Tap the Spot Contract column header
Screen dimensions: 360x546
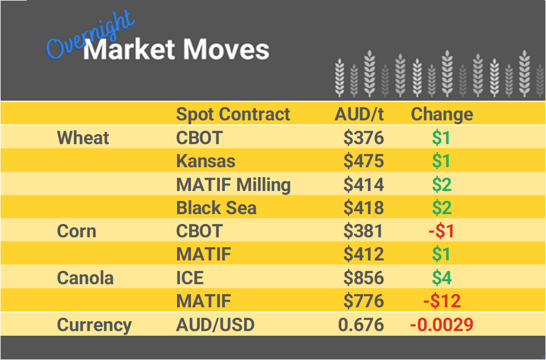click(233, 114)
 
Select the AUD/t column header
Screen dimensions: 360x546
click(359, 114)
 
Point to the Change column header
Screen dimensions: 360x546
click(442, 114)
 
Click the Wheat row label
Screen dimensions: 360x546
click(83, 138)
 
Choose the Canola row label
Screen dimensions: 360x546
click(85, 278)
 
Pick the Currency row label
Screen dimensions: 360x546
click(94, 325)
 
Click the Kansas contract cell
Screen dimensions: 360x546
click(206, 161)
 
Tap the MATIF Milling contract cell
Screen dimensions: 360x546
click(233, 185)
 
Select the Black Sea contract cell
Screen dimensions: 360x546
click(216, 208)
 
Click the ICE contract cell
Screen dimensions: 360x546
click(190, 278)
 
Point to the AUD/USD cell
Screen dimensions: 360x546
click(215, 325)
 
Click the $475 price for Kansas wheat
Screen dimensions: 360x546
click(363, 161)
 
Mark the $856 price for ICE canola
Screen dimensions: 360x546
click(363, 278)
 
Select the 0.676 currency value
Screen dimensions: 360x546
click(361, 325)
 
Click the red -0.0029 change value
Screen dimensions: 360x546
click(441, 325)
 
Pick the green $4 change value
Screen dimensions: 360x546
click(442, 278)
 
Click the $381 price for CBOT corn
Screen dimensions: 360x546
click(363, 231)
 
